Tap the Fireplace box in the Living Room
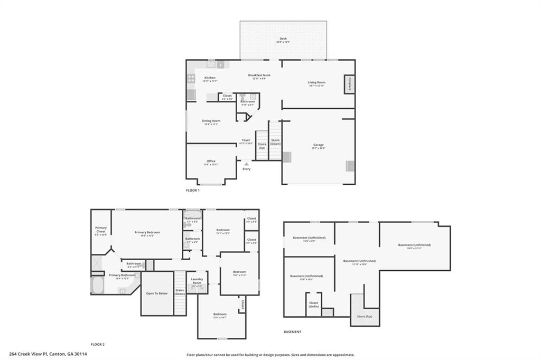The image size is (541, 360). tap(349, 83)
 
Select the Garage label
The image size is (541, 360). tap(318, 145)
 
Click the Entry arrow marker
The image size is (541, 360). tap(246, 164)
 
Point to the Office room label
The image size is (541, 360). tap(211, 162)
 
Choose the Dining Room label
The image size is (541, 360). tap(211, 121)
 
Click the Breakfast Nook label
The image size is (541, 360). tap(259, 75)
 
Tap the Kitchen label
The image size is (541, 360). tap(210, 78)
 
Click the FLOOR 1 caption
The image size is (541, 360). tap(193, 190)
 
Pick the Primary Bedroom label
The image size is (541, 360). tap(147, 232)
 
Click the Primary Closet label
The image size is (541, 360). tap(101, 230)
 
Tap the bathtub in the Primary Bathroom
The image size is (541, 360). tap(98, 286)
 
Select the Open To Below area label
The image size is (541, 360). tap(157, 293)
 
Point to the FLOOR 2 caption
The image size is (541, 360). tap(98, 344)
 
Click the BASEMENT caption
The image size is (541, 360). tap(292, 332)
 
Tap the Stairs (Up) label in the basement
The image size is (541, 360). tap(365, 316)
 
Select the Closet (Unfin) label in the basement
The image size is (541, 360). tap(313, 305)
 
